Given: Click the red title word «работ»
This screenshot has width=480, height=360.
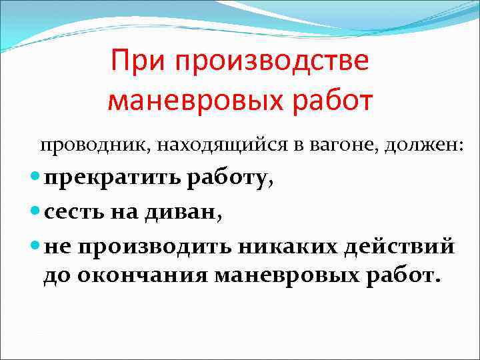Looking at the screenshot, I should (333, 100).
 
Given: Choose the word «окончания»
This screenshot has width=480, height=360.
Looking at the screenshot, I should (144, 275).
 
